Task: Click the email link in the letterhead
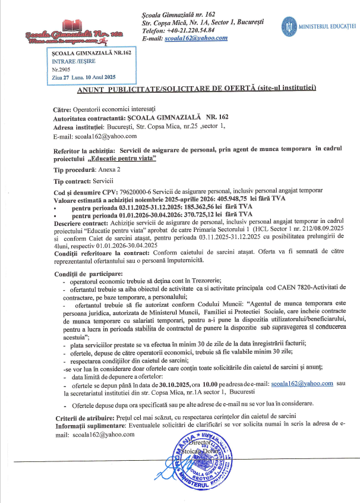(198, 38)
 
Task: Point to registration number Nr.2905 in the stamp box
(62, 70)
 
